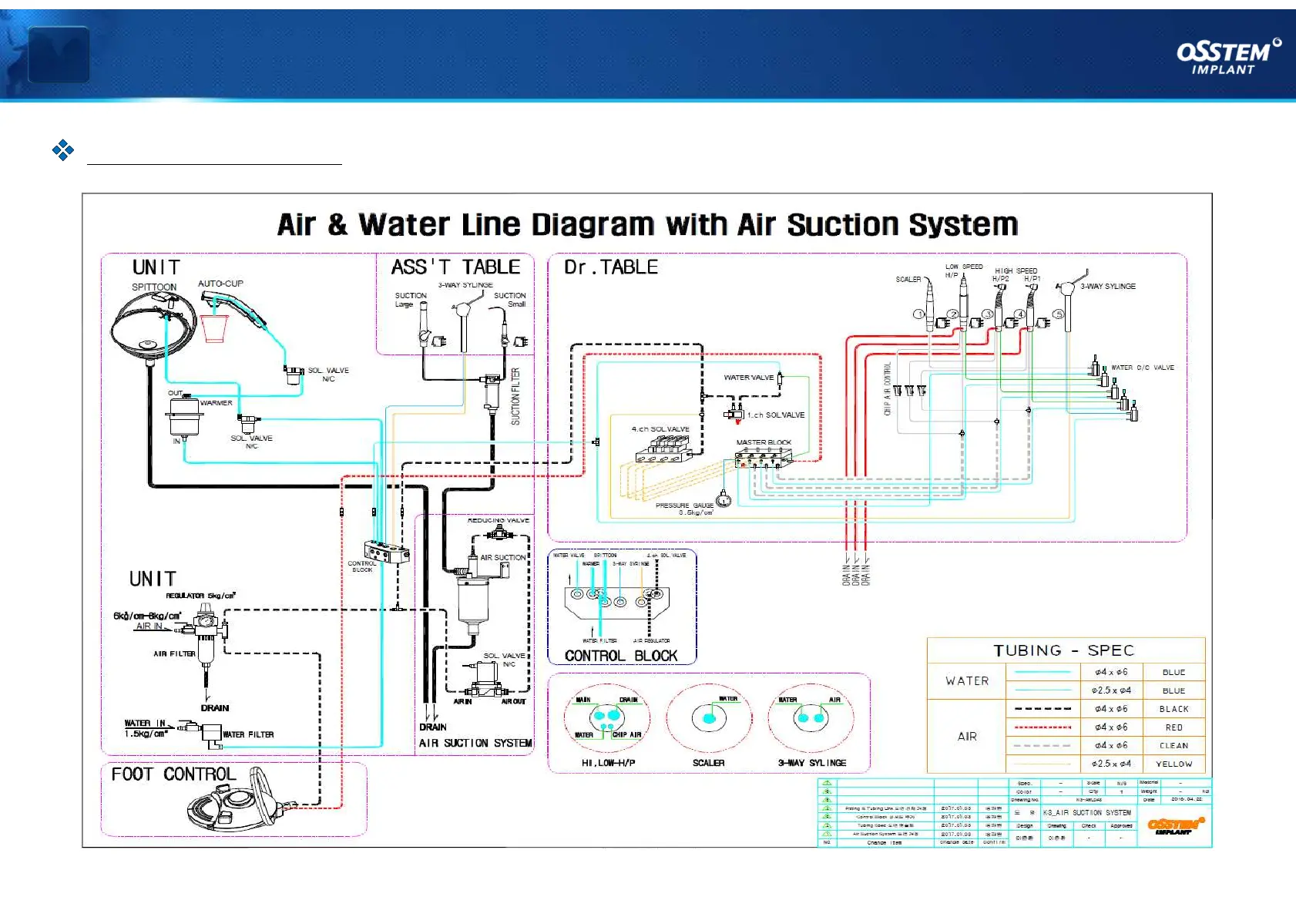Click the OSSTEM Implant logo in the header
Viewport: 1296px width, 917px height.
coord(1227,56)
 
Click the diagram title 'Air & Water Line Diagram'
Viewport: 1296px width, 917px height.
coord(647,225)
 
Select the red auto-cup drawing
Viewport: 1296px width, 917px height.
coord(214,327)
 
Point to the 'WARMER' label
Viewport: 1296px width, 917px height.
coord(216,403)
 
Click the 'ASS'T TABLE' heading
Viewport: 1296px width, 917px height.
coord(455,267)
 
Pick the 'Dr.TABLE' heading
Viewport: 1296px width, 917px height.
coord(611,267)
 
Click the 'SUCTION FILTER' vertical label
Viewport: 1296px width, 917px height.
coord(515,396)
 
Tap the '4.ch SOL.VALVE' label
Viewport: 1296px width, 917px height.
coord(660,429)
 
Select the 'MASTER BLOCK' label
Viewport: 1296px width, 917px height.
coord(763,442)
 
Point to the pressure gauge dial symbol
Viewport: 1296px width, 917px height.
coord(724,500)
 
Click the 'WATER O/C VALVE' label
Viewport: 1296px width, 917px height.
coord(1142,368)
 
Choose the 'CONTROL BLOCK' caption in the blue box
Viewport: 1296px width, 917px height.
coord(621,656)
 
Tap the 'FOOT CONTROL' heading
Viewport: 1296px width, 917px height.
coord(173,774)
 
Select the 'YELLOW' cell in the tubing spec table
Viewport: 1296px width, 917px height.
coord(1173,764)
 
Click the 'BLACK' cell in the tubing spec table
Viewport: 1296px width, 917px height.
coord(1173,709)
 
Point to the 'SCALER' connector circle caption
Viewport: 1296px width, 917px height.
coord(708,763)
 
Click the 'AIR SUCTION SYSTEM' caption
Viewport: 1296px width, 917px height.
coord(475,743)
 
